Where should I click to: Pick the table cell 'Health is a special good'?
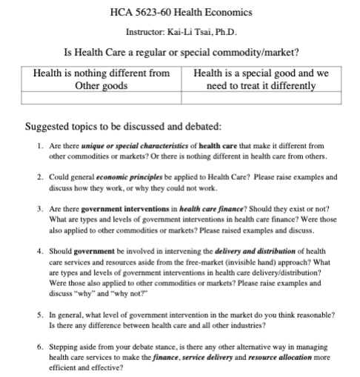[261, 79]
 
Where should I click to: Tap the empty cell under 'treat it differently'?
[261, 97]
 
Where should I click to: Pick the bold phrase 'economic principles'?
[123, 179]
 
